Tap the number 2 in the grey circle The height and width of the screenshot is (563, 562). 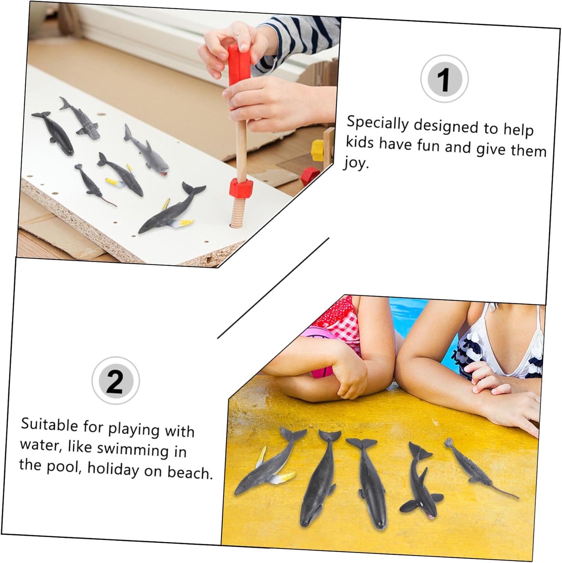coord(115,381)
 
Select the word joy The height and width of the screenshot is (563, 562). coord(356,163)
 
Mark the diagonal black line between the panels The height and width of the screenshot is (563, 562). coord(273,288)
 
